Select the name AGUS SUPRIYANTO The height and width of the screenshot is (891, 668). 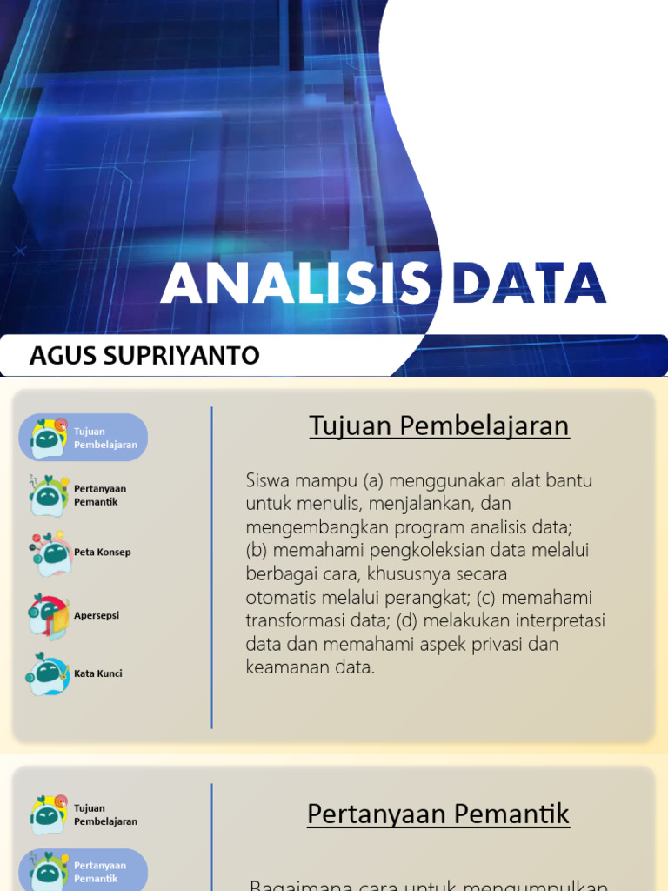click(144, 356)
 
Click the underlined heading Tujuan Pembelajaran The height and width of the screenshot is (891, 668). click(439, 426)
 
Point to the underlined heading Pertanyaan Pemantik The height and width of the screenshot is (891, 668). click(438, 814)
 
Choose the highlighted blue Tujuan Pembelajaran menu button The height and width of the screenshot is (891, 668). click(83, 438)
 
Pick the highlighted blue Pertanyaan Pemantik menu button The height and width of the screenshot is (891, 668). click(83, 871)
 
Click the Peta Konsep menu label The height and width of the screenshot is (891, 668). click(103, 553)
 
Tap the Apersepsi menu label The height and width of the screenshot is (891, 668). click(97, 615)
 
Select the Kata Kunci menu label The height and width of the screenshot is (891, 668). click(98, 673)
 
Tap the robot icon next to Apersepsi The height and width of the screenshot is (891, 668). click(49, 616)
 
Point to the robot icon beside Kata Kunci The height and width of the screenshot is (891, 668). click(49, 674)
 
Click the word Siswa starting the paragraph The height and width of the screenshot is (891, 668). click(267, 480)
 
